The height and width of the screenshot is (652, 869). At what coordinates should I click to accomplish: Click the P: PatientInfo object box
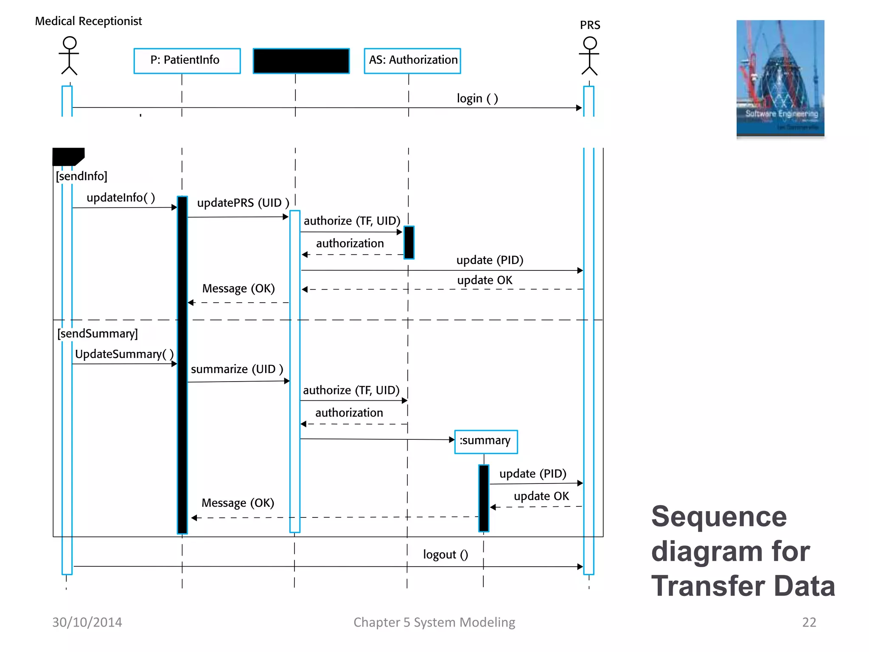187,61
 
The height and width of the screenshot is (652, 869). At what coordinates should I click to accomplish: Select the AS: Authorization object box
412,61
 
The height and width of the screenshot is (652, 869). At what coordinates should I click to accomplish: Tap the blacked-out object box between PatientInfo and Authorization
301,61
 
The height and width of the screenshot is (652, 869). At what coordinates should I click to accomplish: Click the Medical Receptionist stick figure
69,56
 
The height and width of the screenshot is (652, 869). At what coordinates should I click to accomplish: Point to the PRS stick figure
589,56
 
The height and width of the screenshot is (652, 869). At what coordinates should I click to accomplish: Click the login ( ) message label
477,98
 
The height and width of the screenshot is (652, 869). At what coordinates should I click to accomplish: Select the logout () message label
445,554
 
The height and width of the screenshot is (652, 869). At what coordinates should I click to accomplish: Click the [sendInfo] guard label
81,176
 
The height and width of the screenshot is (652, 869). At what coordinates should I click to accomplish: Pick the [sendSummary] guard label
98,333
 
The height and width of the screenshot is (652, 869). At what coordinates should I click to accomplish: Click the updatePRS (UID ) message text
243,203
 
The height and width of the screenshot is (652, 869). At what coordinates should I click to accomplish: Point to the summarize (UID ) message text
237,369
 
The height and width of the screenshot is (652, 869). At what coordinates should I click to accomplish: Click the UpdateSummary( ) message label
124,354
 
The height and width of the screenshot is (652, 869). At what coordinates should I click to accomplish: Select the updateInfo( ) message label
121,197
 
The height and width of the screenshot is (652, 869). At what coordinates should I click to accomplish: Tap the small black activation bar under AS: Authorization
409,242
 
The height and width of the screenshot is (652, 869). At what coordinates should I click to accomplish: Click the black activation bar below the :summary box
483,497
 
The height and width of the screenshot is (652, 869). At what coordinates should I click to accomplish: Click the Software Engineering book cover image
780,78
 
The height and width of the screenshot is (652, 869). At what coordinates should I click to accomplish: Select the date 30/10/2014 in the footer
87,622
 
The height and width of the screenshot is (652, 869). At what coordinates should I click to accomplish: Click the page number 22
809,622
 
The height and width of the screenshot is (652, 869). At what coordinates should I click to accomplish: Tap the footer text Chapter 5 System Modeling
434,622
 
